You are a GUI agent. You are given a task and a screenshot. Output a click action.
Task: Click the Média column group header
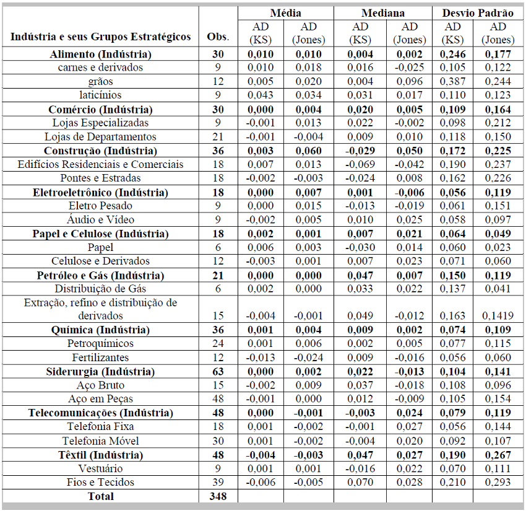click(x=285, y=13)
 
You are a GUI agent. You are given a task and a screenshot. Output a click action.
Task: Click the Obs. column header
click(x=218, y=37)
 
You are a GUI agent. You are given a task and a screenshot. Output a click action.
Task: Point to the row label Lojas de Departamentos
click(x=100, y=137)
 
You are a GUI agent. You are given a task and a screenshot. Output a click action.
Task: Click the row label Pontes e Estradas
click(x=100, y=178)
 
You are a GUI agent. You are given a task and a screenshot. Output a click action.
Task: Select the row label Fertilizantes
click(x=100, y=357)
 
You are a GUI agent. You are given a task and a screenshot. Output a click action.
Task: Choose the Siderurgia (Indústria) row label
click(x=100, y=372)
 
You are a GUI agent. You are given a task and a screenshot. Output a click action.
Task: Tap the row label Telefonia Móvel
click(x=100, y=441)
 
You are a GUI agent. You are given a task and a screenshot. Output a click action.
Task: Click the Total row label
click(x=100, y=496)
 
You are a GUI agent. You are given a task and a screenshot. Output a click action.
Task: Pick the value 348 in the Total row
click(x=218, y=496)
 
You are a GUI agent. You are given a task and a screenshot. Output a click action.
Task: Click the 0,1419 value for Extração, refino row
click(x=498, y=316)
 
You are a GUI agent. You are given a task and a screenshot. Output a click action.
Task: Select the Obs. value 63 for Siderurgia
click(x=218, y=372)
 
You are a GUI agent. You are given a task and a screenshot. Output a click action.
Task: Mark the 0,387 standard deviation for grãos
click(x=453, y=82)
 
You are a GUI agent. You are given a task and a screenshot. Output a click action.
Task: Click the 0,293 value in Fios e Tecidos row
click(x=498, y=482)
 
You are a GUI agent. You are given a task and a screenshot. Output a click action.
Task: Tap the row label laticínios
click(x=100, y=95)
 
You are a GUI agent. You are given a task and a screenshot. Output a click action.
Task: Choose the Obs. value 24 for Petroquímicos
click(x=218, y=344)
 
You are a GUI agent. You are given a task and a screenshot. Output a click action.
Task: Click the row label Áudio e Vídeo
click(x=100, y=220)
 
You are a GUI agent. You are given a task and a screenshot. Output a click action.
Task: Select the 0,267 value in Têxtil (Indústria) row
click(x=498, y=455)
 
